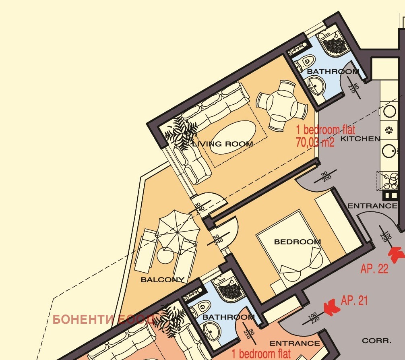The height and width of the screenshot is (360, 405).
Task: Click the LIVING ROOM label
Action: (223, 144)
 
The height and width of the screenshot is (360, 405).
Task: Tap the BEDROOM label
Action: (297, 242)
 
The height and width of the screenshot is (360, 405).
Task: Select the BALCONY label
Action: (163, 279)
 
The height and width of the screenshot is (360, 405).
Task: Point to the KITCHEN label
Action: (360, 139)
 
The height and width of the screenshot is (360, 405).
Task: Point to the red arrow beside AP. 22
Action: (397, 254)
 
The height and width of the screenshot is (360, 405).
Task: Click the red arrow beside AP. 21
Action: (332, 307)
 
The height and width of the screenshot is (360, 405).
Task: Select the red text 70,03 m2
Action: (315, 142)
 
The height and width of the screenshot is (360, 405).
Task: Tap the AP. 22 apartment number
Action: (374, 269)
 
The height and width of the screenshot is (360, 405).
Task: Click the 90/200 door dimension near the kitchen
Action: (325, 176)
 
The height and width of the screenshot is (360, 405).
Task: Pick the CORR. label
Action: (376, 341)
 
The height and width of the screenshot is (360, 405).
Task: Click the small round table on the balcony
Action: (165, 256)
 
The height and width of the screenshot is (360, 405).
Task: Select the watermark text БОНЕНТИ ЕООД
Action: (104, 319)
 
